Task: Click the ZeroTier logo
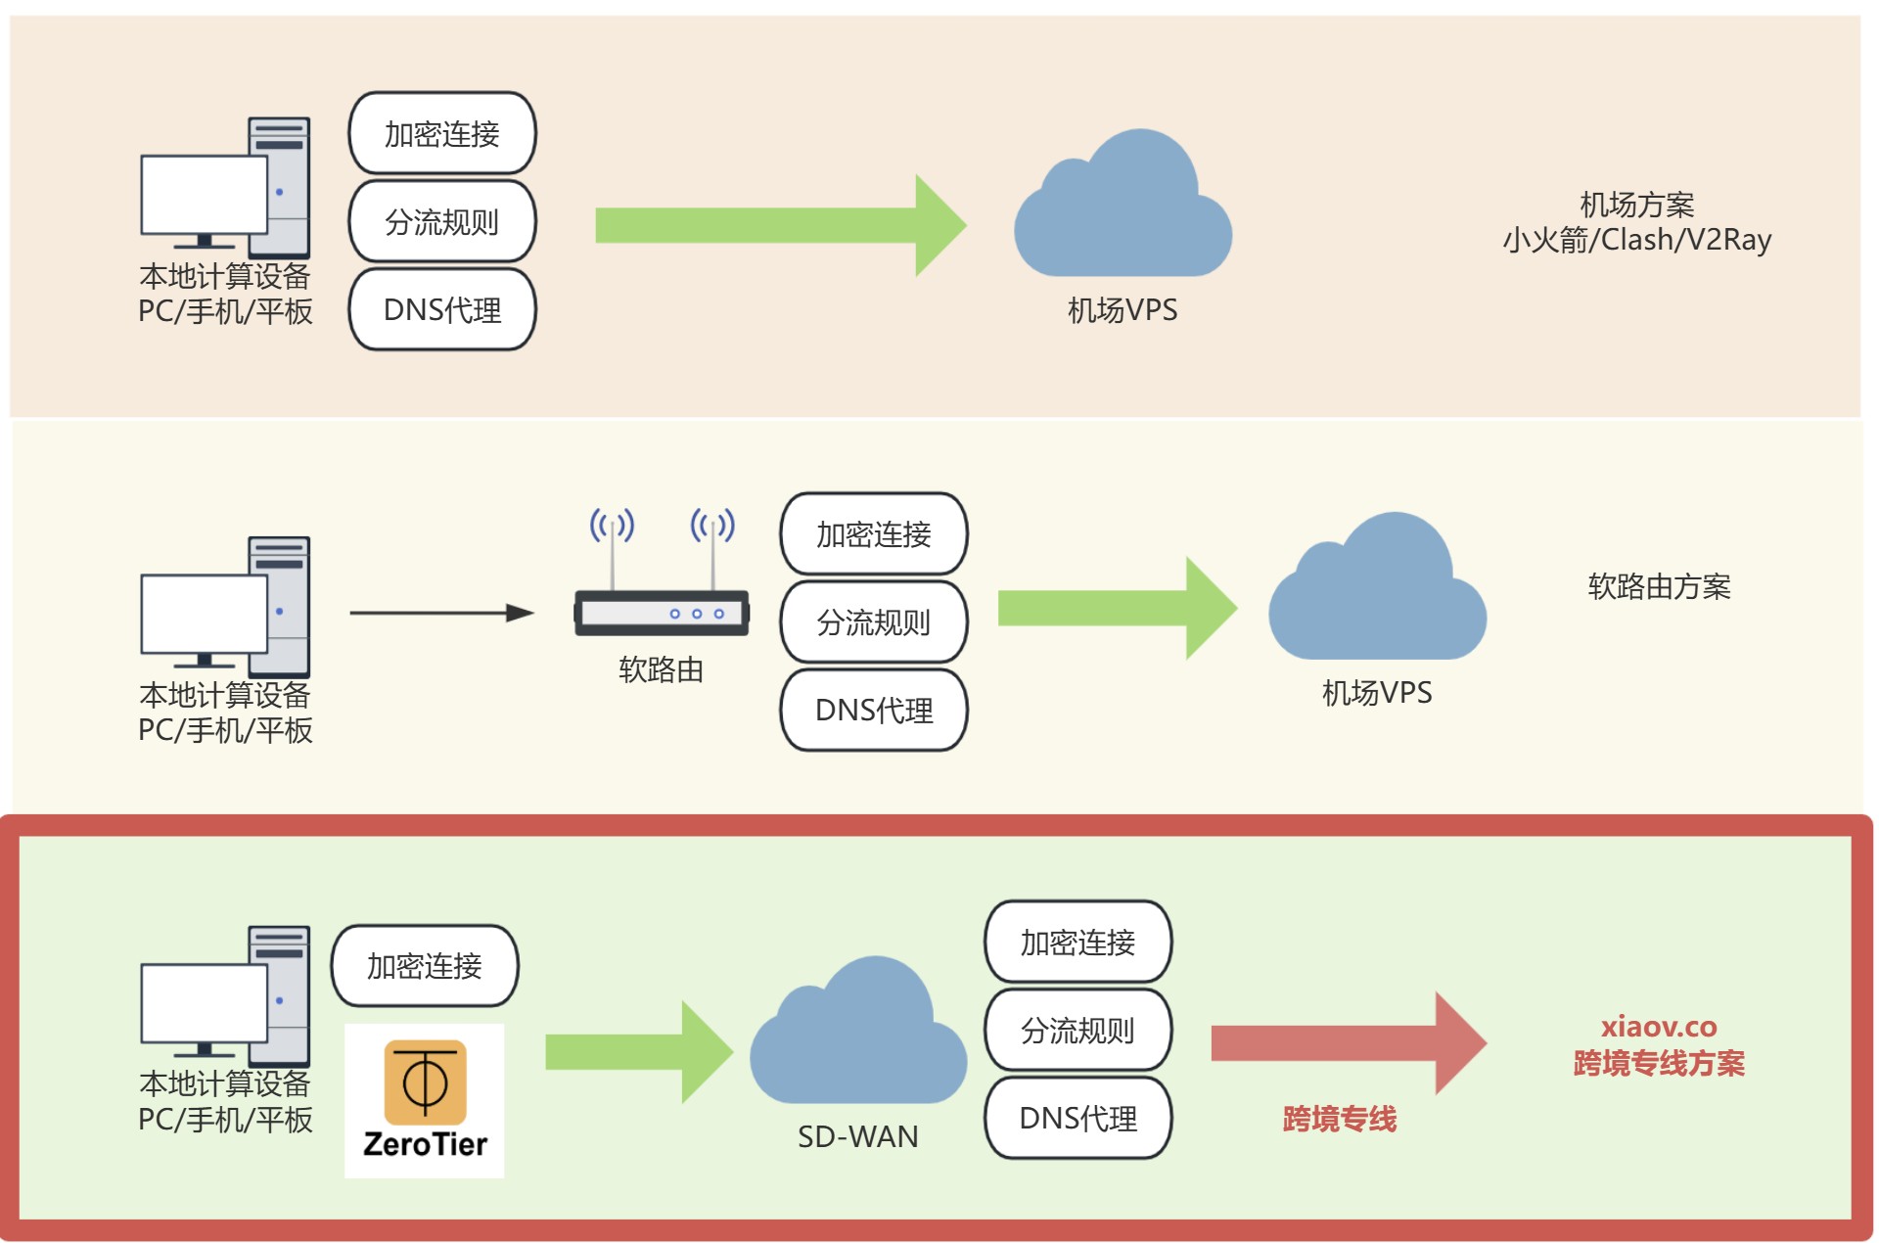pos(424,1099)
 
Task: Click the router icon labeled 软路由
pos(662,612)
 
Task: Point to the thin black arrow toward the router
pos(440,613)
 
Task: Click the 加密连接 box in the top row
pos(442,133)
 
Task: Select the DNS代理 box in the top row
pos(442,310)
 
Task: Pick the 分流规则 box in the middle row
pos(873,622)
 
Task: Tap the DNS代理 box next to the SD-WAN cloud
pos(1077,1119)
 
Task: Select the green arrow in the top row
pos(779,225)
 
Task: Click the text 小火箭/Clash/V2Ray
pos(1636,240)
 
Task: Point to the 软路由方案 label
pos(1659,586)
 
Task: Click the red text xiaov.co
pos(1659,1027)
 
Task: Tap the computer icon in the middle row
pos(226,607)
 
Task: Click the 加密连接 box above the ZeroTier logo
pos(425,966)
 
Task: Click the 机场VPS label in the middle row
pos(1377,693)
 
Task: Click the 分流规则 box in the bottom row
pos(1077,1031)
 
